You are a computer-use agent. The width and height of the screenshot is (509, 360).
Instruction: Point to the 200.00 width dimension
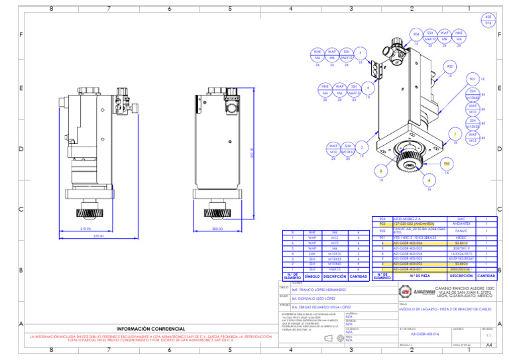pos(217,229)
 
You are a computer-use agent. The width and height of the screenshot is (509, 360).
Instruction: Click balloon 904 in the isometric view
pos(416,33)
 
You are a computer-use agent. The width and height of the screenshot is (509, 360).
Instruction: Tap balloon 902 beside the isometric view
pos(450,66)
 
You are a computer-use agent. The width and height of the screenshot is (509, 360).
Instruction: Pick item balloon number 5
pos(360,53)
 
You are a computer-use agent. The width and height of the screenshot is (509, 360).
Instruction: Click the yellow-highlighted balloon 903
pos(446,162)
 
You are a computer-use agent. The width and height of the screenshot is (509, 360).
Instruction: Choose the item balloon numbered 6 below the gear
pos(429,180)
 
